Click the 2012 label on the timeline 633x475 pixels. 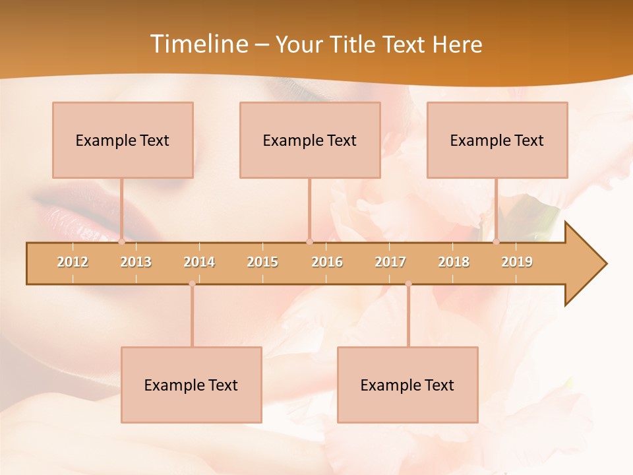[x=73, y=262]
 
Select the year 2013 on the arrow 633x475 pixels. [x=136, y=262]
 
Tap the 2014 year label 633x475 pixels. [x=199, y=262]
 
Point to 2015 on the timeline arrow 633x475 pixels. [x=262, y=262]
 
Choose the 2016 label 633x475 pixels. [x=327, y=262]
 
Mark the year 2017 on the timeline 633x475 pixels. [x=390, y=262]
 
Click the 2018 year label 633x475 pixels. [x=454, y=262]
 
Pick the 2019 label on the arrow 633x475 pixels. [x=517, y=262]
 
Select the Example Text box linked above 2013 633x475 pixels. [x=123, y=140]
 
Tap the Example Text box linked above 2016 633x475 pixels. [x=310, y=140]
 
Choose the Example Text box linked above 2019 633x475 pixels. [x=497, y=140]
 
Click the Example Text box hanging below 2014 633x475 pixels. [x=191, y=385]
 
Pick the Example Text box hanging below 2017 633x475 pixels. [x=407, y=385]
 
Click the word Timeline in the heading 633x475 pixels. [x=198, y=44]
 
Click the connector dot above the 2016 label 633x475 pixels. [x=310, y=241]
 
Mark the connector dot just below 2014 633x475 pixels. [x=192, y=284]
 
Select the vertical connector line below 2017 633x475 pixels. [x=408, y=317]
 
